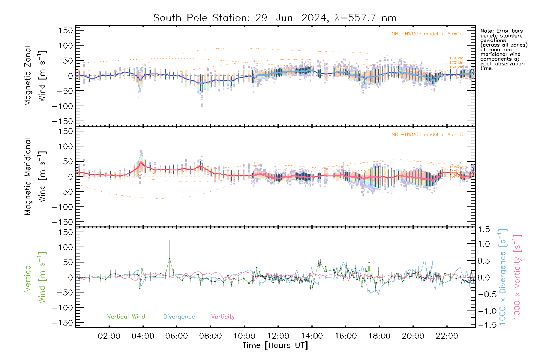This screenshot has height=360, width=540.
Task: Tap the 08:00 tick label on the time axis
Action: [210, 336]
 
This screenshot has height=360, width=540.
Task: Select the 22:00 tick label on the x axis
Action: [447, 336]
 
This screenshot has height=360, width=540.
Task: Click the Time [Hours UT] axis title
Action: [275, 345]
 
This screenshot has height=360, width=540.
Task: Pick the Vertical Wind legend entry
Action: [126, 316]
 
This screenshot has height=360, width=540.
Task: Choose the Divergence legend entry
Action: [179, 316]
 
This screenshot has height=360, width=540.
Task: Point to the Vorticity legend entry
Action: [223, 316]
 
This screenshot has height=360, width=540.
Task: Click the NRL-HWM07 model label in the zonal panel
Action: [427, 34]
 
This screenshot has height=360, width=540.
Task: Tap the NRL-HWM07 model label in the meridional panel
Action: [427, 135]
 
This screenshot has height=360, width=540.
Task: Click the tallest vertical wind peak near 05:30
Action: [169, 258]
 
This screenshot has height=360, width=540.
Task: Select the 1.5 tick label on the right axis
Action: [484, 229]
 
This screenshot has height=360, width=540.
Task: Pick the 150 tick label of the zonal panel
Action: [66, 31]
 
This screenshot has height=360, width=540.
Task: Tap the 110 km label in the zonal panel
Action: [456, 58]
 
